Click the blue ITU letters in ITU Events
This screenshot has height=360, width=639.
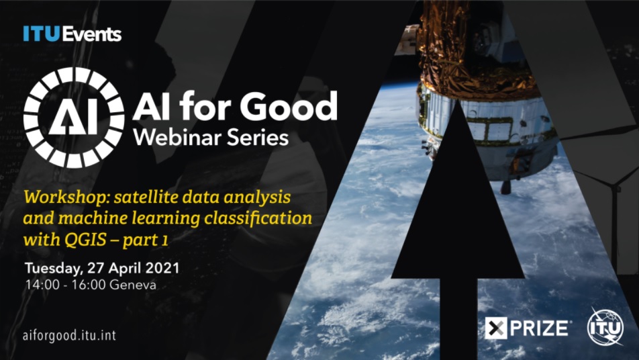(x=42, y=34)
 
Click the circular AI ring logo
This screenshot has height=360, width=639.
(x=74, y=118)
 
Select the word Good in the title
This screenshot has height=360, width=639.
(x=289, y=106)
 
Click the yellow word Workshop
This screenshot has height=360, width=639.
(x=67, y=198)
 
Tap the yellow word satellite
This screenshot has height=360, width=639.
(x=146, y=197)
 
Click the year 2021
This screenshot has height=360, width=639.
(x=162, y=268)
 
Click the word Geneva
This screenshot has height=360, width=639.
(x=133, y=285)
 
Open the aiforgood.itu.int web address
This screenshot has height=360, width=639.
(x=70, y=336)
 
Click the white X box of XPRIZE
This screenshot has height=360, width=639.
(x=496, y=328)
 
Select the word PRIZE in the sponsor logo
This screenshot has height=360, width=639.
(x=539, y=328)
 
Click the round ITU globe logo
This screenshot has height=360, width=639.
(x=605, y=327)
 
